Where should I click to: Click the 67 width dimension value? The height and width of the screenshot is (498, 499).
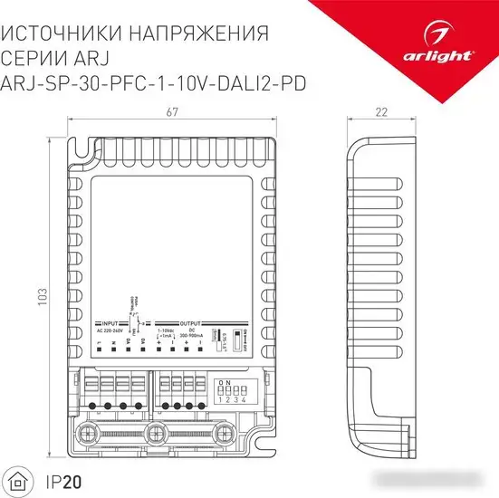point(168,112)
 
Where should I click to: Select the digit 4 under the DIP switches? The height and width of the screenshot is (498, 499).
point(245,399)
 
